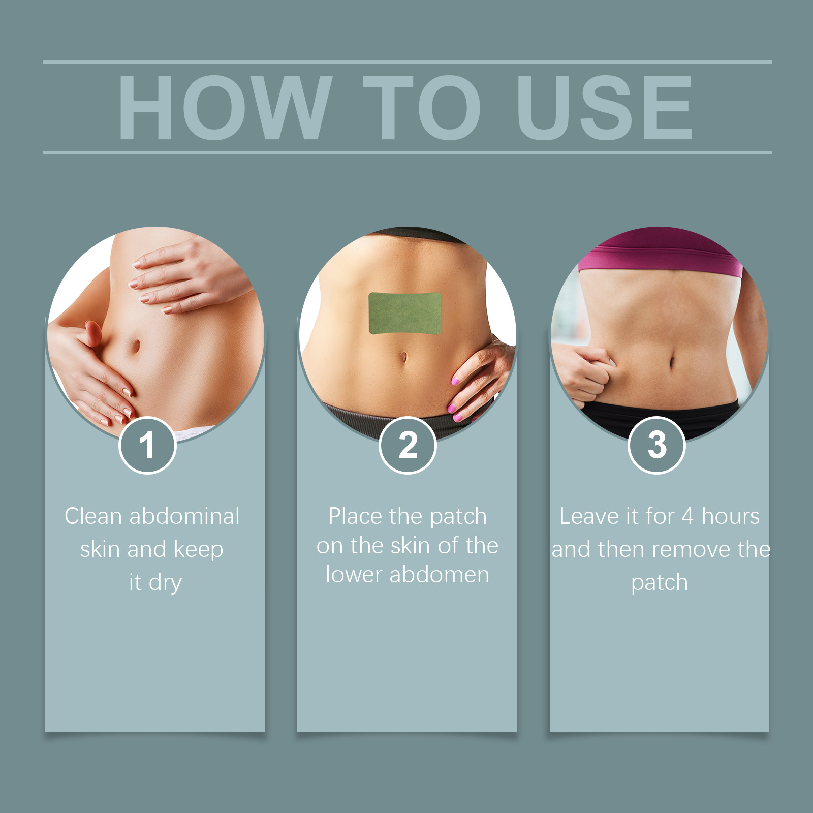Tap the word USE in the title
tap(605, 107)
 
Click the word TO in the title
tap(422, 107)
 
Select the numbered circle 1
tap(147, 446)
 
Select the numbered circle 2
tap(408, 446)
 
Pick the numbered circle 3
tap(657, 446)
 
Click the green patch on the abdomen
tap(405, 313)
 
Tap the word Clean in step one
tap(93, 516)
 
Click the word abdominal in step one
tap(184, 516)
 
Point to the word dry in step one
tap(165, 583)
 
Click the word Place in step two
tap(355, 516)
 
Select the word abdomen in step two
tap(439, 575)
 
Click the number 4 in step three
tap(687, 516)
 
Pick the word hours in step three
tap(731, 516)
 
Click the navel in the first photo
tap(136, 347)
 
